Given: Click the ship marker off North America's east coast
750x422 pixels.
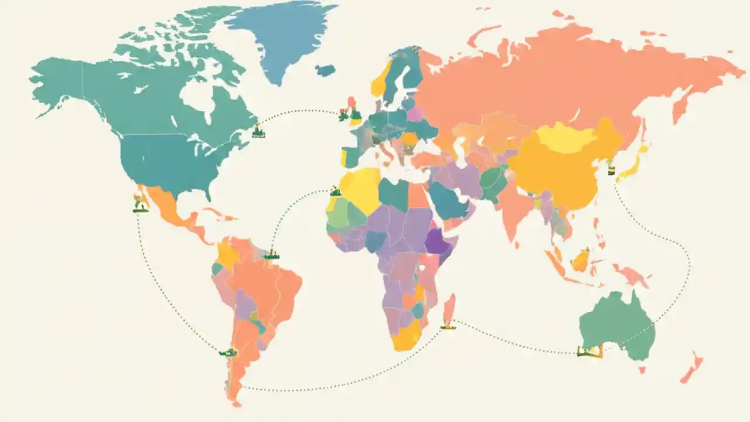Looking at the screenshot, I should pos(258,132).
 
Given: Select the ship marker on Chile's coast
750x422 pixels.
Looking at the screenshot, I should pos(227,352).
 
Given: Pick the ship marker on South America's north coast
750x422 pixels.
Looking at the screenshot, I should pos(270,255).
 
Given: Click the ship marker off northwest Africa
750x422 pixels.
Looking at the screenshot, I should pos(335,191).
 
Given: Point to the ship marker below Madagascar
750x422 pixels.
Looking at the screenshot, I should pos(448,325).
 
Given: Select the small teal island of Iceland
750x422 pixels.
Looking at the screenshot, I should pos(325,70).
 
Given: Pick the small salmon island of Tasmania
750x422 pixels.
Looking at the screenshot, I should pos(642,370).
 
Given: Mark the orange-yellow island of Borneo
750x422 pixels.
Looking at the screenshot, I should pos(581,259).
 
